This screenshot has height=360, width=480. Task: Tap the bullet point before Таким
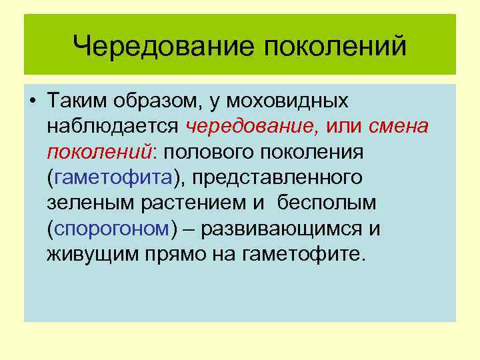(x=32, y=101)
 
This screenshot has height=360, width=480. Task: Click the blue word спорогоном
(x=111, y=229)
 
